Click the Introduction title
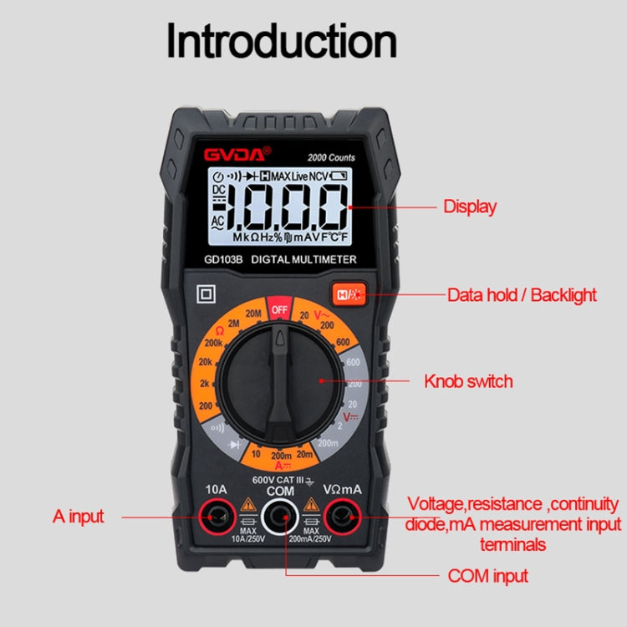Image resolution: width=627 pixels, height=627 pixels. pyautogui.click(x=282, y=41)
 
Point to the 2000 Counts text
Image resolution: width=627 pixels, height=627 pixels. pyautogui.click(x=330, y=157)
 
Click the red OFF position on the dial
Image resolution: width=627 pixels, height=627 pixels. pyautogui.click(x=279, y=309)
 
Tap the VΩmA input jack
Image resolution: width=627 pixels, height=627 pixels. pyautogui.click(x=341, y=520)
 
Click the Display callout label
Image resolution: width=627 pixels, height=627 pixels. pyautogui.click(x=469, y=206)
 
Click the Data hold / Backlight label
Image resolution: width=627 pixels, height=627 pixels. pyautogui.click(x=522, y=294)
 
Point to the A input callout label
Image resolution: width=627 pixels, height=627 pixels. pyautogui.click(x=79, y=516)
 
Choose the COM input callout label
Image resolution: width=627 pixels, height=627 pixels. pyautogui.click(x=487, y=575)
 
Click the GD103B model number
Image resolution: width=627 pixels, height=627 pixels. pyautogui.click(x=222, y=260)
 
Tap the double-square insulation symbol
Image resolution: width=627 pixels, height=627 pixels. pyautogui.click(x=203, y=294)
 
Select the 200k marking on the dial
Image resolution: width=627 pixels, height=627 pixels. pyautogui.click(x=213, y=344)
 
